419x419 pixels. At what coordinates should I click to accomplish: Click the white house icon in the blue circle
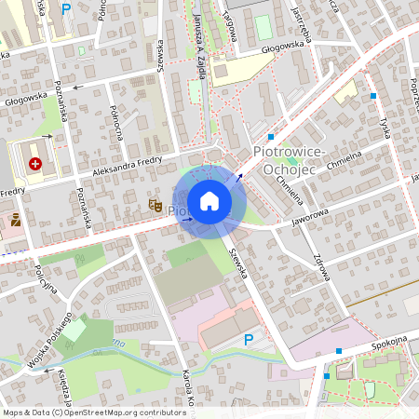click(x=209, y=201)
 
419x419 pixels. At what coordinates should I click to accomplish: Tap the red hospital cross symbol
click(x=35, y=164)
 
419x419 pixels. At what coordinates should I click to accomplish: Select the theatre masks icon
click(x=155, y=203)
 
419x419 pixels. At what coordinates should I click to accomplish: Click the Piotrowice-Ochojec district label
click(x=289, y=158)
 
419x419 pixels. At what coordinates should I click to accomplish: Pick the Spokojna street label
click(x=391, y=341)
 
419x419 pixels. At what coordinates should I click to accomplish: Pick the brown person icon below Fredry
click(x=16, y=221)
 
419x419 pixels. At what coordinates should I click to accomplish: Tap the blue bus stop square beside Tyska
click(x=373, y=96)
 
